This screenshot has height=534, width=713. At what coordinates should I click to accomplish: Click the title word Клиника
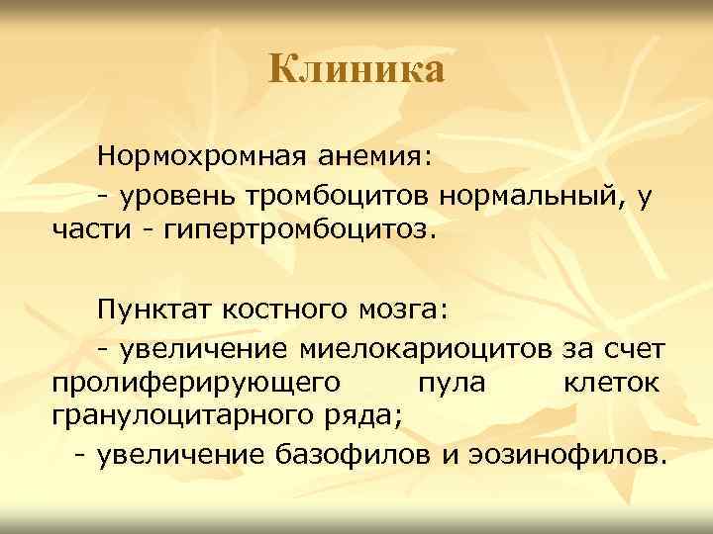pyautogui.click(x=356, y=70)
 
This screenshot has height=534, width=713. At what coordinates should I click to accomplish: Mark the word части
pyautogui.click(x=88, y=231)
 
